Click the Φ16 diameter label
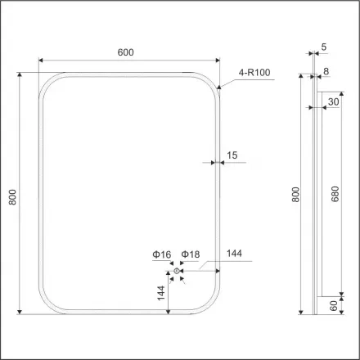160,254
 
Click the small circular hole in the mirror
178,271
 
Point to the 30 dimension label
334,102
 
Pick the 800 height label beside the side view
297,196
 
